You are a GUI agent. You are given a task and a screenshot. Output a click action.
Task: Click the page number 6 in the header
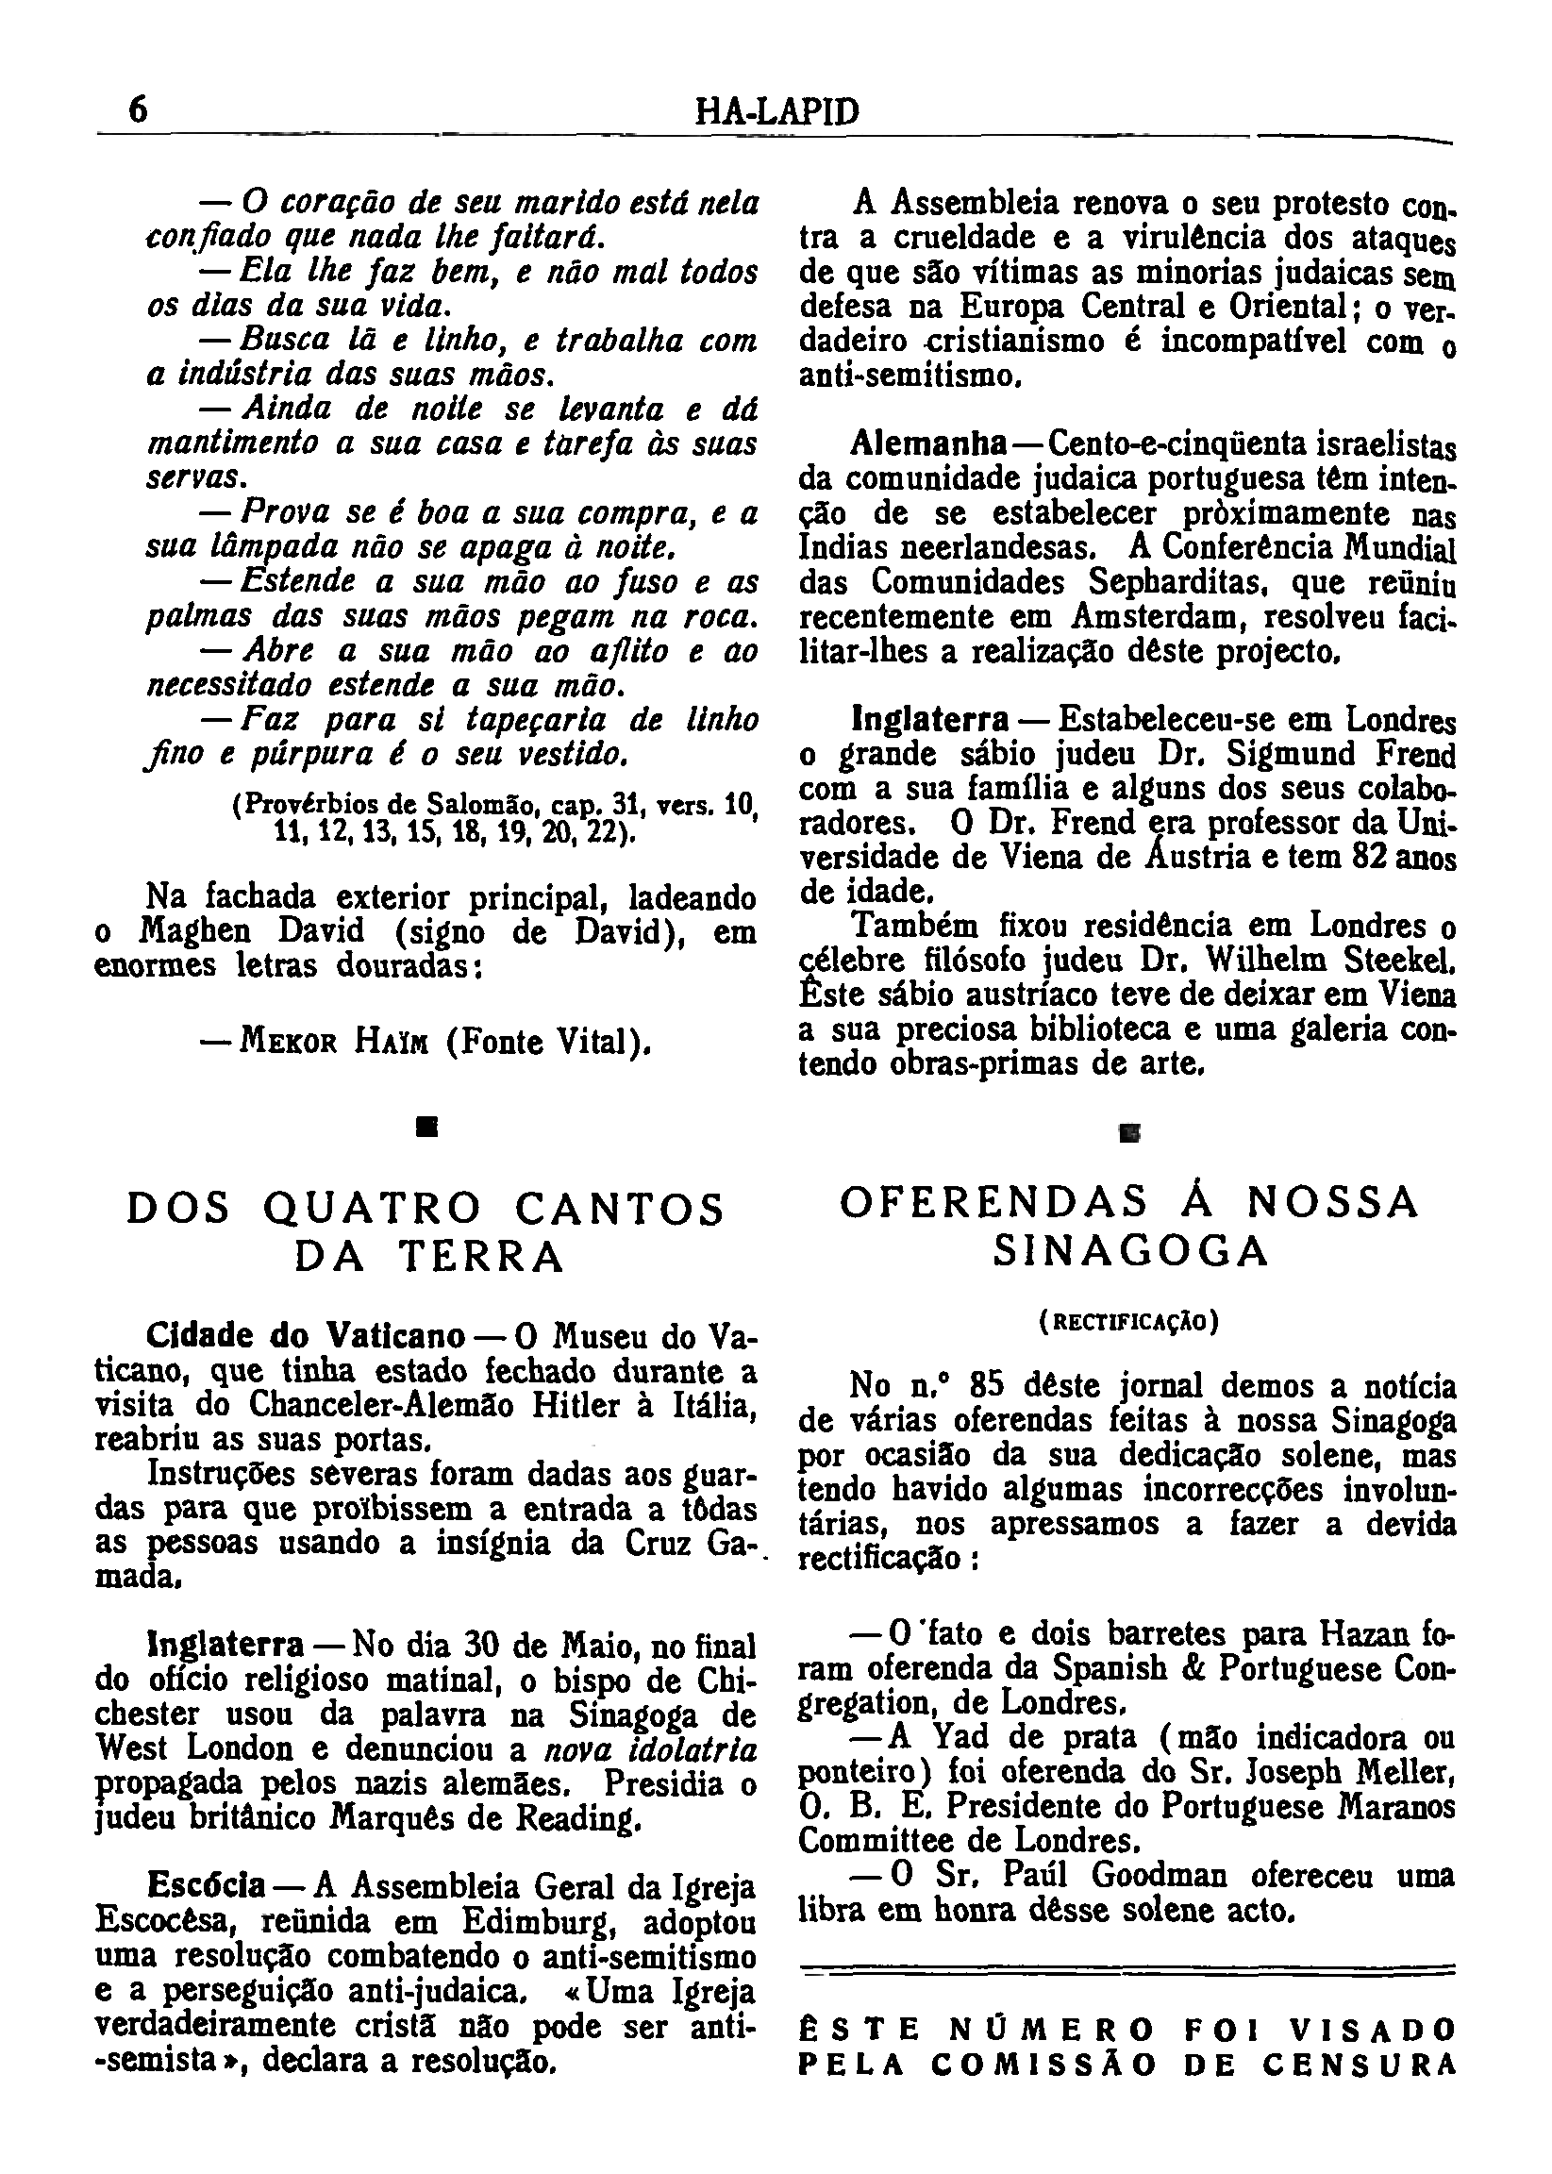[139, 110]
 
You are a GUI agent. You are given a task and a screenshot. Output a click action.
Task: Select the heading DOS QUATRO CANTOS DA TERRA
[426, 1231]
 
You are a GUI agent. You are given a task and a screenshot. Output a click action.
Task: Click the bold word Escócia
[207, 1885]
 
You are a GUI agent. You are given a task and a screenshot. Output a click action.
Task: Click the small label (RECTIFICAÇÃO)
[1128, 1322]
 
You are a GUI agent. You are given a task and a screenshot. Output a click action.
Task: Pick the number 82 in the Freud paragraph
[1371, 858]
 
